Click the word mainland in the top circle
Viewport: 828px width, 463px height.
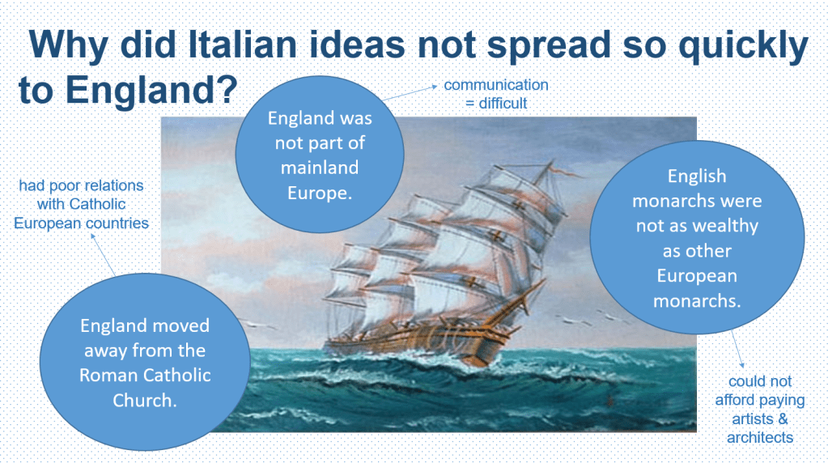[320, 168]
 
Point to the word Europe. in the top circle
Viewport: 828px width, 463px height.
[320, 193]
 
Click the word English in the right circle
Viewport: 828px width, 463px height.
[697, 176]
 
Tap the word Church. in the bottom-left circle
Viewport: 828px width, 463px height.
[145, 400]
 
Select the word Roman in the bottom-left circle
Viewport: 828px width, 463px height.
[103, 375]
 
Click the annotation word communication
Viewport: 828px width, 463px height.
[496, 84]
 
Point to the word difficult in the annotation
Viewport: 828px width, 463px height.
[503, 103]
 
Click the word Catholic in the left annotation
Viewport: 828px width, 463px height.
[97, 204]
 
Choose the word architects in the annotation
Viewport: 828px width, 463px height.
[760, 437]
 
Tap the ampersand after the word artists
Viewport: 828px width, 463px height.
[783, 418]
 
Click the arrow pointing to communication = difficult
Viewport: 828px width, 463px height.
[410, 92]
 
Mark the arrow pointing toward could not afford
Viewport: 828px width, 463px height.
[737, 349]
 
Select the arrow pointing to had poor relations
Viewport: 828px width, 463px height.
[103, 254]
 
